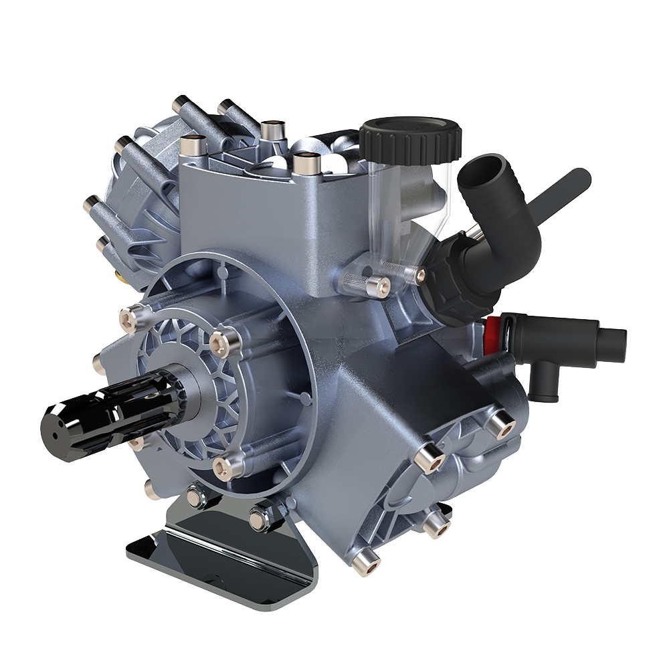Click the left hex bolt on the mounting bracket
tap(195, 496)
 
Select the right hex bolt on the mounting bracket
tap(260, 516)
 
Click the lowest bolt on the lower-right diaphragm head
tap(367, 560)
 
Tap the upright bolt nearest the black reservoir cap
tap(306, 161)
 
